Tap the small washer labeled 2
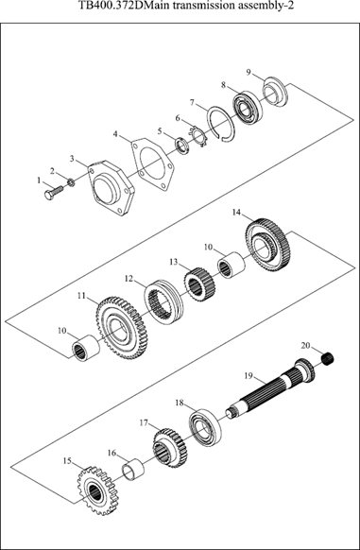[x=71, y=182]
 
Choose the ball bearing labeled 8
[x=247, y=109]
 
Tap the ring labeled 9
[x=276, y=92]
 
